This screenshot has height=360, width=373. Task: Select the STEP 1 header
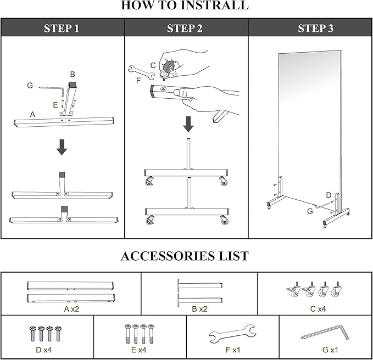[x=62, y=28]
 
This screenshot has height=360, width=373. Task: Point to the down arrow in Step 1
[x=62, y=147]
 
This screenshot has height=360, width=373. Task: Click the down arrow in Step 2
[x=188, y=124]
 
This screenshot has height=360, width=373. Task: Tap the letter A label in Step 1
[x=33, y=114]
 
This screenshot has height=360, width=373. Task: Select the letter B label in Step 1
[x=72, y=74]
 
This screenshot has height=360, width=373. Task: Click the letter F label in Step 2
[x=138, y=81]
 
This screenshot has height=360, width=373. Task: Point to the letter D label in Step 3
[x=329, y=194]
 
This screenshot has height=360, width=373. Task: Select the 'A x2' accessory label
[x=71, y=309]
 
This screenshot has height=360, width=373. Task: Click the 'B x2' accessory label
[x=199, y=309]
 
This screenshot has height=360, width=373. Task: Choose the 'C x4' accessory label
[x=318, y=309]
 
